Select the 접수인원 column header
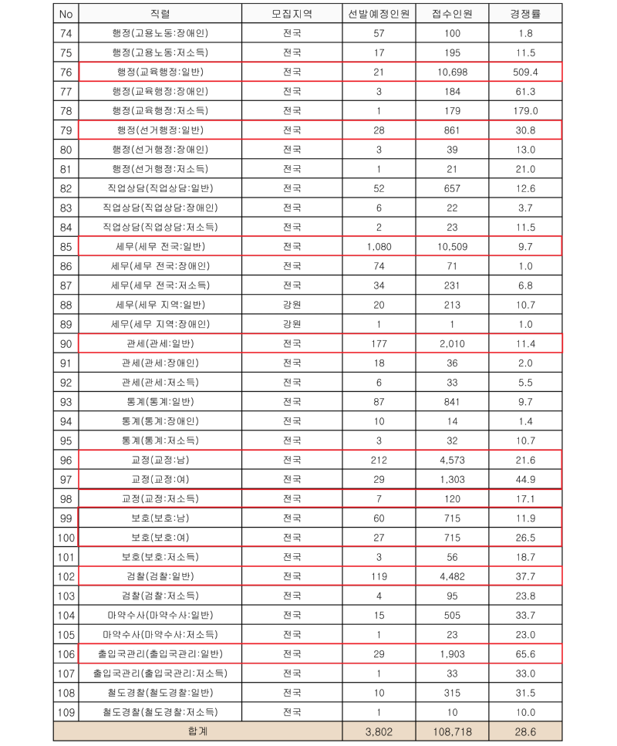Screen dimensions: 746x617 pos(452,14)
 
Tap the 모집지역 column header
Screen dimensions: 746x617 pos(292,14)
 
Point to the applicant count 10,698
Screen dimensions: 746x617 pos(452,72)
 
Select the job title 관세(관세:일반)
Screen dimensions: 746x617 pos(160,343)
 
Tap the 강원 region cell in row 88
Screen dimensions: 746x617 pos(292,305)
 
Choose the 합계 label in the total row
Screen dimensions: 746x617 pos(197,731)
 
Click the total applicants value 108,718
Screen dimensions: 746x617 pos(452,731)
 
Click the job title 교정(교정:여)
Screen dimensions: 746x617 pos(160,479)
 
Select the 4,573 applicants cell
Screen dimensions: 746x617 pos(452,460)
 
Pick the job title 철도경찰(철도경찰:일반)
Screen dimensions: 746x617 pos(160,692)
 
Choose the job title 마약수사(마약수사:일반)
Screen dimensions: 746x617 pos(160,615)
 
